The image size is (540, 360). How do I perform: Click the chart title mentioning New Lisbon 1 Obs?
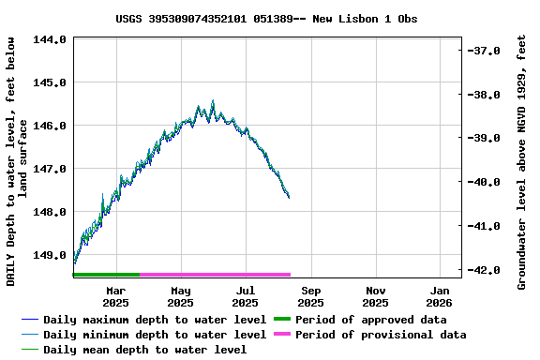(267, 19)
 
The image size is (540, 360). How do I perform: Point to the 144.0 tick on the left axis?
(49, 39)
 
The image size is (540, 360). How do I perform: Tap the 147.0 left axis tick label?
(49, 169)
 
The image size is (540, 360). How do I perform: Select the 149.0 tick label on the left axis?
(49, 255)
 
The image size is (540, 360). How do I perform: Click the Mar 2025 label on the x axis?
(115, 296)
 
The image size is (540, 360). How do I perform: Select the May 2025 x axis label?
(181, 296)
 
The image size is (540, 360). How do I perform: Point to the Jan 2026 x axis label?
(440, 296)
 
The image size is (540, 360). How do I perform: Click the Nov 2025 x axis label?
(375, 296)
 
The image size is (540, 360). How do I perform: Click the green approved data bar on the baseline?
(106, 275)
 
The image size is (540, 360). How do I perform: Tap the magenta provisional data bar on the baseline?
(216, 275)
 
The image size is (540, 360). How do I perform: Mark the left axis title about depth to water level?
(17, 161)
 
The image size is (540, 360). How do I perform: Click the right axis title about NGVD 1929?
(522, 161)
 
